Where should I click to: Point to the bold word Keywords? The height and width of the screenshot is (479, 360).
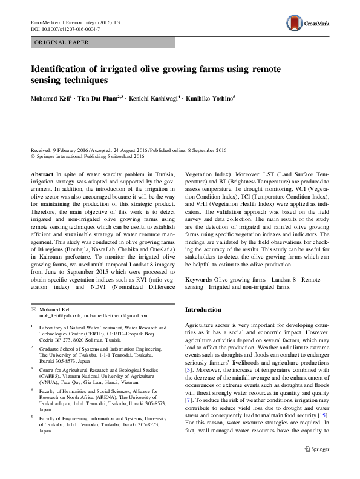click(198, 279)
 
